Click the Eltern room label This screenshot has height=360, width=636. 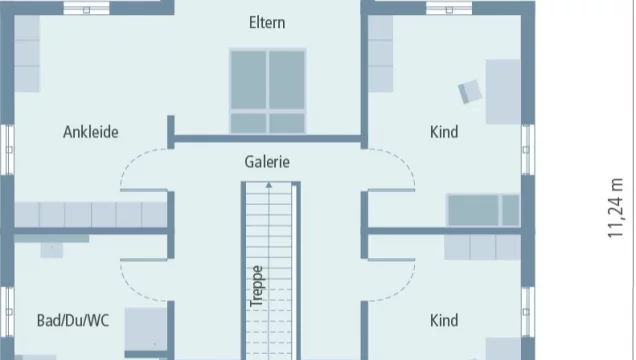click(267, 23)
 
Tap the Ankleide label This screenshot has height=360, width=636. click(91, 132)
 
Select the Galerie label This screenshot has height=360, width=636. click(267, 162)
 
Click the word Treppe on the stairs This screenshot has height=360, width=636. click(256, 286)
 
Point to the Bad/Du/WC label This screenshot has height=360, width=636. click(73, 321)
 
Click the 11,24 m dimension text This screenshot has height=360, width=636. click(615, 208)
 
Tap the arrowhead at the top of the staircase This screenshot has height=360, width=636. click(269, 185)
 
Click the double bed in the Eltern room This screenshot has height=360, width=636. click(268, 91)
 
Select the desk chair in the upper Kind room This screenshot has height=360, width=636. click(470, 92)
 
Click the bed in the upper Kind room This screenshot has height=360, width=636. click(483, 210)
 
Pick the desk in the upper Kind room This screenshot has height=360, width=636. click(503, 92)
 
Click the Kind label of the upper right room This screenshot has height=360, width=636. click(444, 132)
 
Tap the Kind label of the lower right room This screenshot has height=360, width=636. click(444, 321)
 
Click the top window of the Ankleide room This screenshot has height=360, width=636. click(86, 9)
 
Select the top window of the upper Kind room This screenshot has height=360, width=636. click(449, 9)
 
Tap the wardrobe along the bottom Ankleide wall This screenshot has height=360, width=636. click(91, 214)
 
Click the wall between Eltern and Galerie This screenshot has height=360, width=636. click(268, 139)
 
